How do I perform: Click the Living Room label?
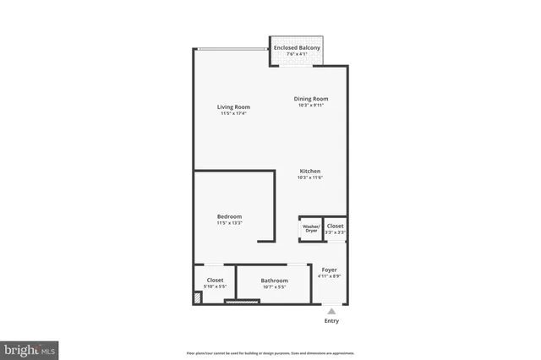[233, 106]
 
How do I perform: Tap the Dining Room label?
[311, 99]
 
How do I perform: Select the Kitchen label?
[309, 171]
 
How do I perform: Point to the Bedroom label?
[229, 216]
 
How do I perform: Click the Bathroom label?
[274, 281]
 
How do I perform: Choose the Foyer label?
[329, 270]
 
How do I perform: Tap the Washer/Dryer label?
[310, 228]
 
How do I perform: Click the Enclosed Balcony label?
[297, 48]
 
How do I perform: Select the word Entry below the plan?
[331, 321]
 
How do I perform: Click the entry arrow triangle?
[331, 310]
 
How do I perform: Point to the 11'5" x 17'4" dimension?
[233, 114]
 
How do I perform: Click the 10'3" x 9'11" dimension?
[311, 106]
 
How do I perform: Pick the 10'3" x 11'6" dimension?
[309, 177]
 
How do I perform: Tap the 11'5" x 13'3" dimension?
[229, 223]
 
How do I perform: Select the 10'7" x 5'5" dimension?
[274, 287]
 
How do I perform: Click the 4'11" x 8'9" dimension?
[329, 276]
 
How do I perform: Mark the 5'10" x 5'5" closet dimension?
[215, 286]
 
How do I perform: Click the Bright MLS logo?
[30, 350]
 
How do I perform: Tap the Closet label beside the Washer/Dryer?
[336, 226]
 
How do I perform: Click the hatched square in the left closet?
[197, 297]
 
